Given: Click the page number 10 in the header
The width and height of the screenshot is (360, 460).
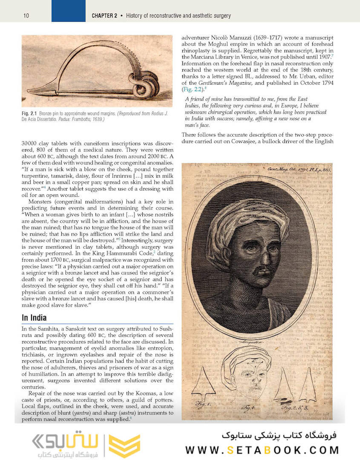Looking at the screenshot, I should pos(26,16).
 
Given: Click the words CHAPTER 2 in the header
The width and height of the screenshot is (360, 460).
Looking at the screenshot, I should pos(104,16).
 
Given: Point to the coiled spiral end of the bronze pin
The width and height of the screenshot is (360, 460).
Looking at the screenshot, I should pos(145,85).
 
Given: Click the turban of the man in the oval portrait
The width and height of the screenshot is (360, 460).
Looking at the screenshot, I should pos(247,217).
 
